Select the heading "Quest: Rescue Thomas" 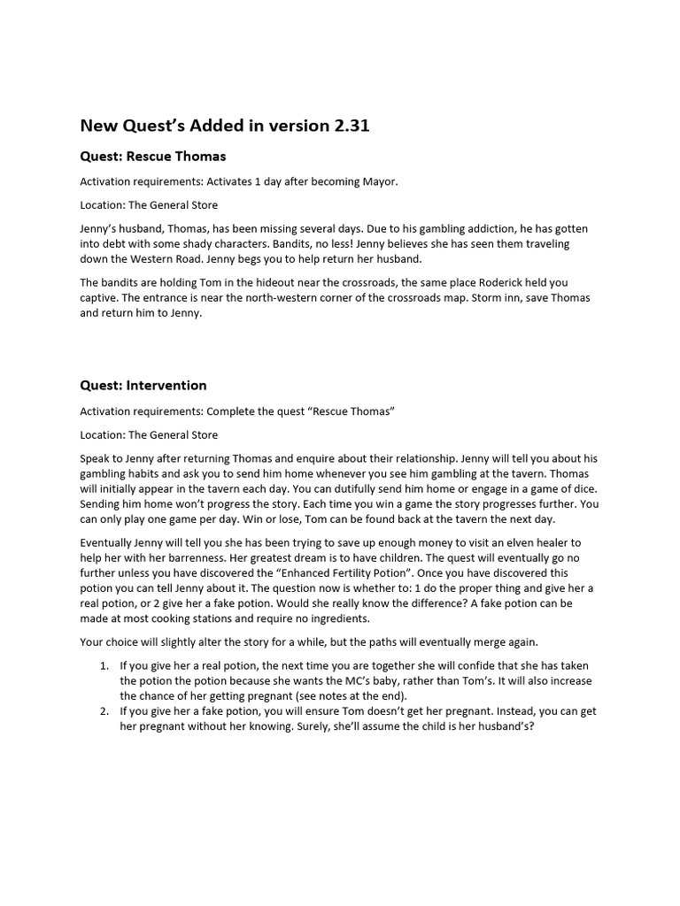pyautogui.click(x=153, y=157)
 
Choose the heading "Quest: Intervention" pyautogui.click(x=143, y=386)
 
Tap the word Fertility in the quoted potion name pyautogui.click(x=409, y=573)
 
